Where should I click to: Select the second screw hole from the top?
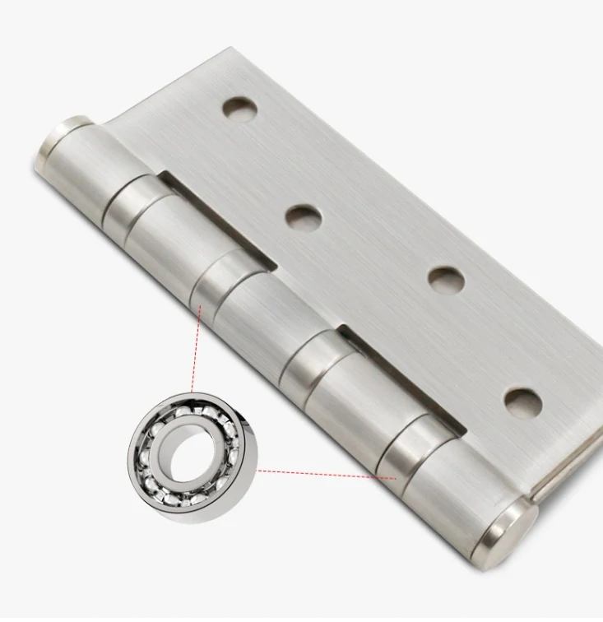click(x=303, y=217)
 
